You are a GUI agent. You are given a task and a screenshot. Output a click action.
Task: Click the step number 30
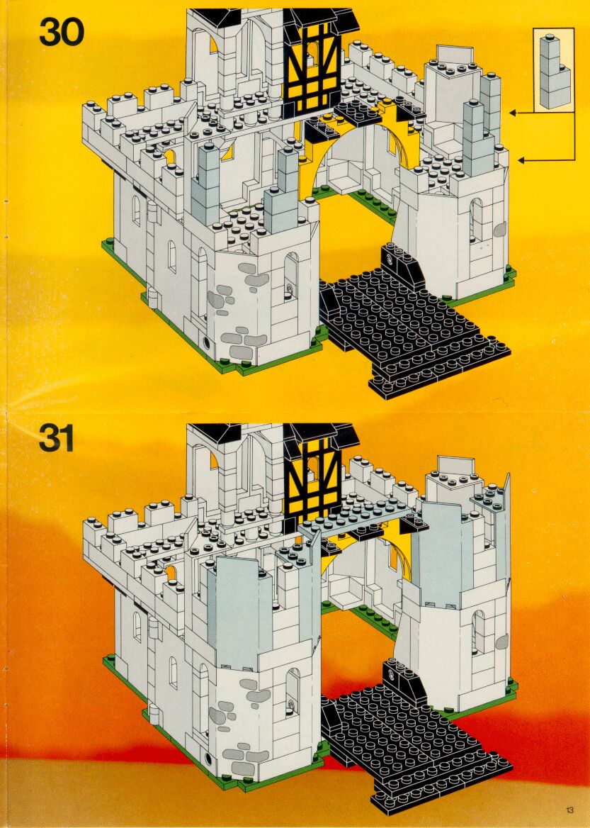[x=62, y=33]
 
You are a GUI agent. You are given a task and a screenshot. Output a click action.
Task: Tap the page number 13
[x=569, y=810]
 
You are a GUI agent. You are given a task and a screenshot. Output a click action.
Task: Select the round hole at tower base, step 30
[x=207, y=342]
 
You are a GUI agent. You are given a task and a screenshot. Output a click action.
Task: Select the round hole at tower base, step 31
[x=207, y=757]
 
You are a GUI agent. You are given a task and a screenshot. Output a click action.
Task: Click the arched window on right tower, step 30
[x=477, y=218]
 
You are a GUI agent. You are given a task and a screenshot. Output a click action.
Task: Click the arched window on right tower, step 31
[x=479, y=632]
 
